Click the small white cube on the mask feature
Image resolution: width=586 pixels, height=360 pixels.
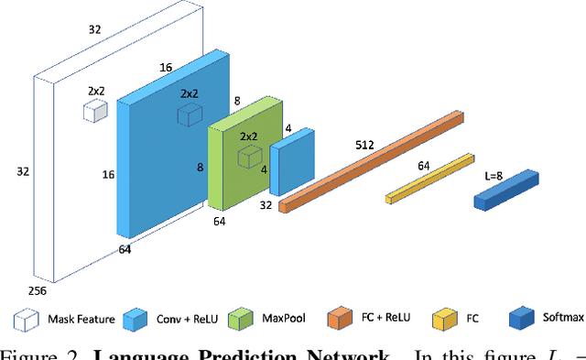[95, 111]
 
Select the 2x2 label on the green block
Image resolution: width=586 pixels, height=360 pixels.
[248, 136]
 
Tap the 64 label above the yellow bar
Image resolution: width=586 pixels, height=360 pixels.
[424, 166]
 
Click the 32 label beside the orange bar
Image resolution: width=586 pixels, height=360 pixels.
[266, 205]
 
